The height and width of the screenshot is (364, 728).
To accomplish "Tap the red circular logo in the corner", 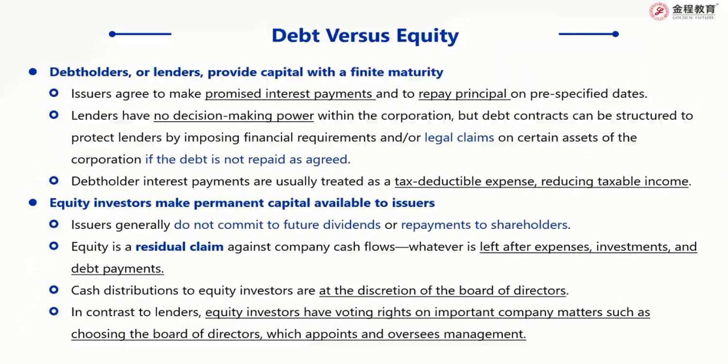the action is point(659,11).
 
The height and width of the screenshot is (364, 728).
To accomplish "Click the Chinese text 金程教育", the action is point(694,9).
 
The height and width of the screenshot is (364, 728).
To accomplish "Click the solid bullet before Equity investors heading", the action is point(33,203).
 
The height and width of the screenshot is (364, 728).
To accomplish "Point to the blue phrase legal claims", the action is point(459,137).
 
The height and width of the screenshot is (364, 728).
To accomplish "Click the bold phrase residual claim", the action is point(180,247).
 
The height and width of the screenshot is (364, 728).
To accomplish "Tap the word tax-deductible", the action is point(438,182).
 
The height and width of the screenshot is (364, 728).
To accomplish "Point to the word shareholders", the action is point(529,225).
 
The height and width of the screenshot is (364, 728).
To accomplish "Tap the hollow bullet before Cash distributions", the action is point(54,290).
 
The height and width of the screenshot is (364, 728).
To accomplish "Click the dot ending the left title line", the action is point(113,34).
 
